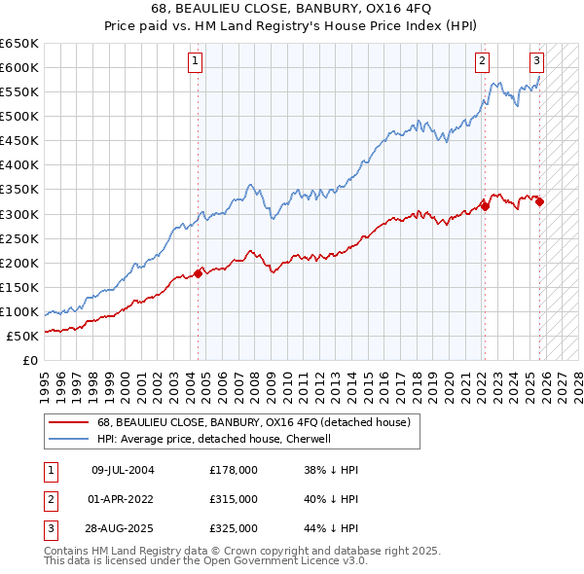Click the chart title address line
click(x=291, y=9)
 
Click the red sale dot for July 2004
click(x=198, y=273)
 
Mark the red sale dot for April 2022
click(x=485, y=206)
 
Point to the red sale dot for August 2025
click(x=539, y=201)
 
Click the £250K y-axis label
click(x=19, y=238)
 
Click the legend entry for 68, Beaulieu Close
click(x=253, y=422)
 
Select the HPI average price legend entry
click(x=214, y=439)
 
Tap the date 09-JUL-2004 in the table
click(x=123, y=470)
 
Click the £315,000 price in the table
click(x=234, y=499)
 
